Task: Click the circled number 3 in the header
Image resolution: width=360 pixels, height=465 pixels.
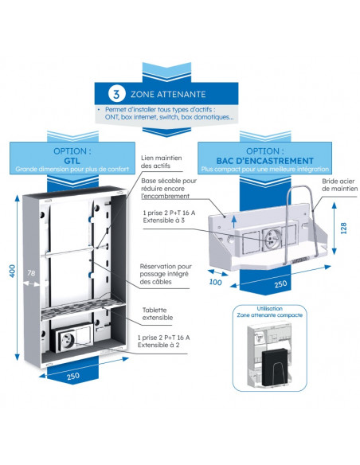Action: coord(116,94)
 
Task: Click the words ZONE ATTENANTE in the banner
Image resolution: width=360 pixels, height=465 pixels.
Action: coord(168,94)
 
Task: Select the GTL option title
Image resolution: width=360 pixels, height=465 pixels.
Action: coord(72,161)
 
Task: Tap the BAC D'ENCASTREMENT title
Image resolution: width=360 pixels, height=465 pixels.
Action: coord(264,161)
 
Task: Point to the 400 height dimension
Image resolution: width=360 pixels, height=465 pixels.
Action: coord(12,271)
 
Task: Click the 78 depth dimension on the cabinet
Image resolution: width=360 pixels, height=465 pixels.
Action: coord(31,273)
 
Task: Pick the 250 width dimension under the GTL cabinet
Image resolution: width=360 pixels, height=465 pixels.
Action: coord(73,377)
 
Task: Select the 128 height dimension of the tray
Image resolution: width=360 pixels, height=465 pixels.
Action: coord(343,229)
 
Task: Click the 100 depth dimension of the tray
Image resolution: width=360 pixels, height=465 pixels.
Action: coord(215,282)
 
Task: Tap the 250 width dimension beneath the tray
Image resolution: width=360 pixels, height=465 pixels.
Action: coord(280,284)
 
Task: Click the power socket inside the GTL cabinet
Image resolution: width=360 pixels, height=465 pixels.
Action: coord(66,338)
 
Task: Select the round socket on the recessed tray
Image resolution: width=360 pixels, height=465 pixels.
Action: coord(271,239)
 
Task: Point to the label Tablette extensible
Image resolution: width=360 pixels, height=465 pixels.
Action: coord(158,314)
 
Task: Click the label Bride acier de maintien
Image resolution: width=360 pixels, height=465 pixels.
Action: coord(340,185)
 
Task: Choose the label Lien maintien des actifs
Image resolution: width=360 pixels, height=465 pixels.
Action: coord(162,162)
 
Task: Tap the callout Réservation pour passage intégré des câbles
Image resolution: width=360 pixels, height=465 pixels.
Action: coord(166,274)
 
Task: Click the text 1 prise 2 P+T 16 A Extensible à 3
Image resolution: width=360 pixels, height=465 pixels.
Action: coord(169,217)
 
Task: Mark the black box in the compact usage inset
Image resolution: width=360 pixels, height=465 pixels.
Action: coord(275,367)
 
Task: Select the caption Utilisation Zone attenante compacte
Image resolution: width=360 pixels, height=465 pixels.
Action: coord(269,311)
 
